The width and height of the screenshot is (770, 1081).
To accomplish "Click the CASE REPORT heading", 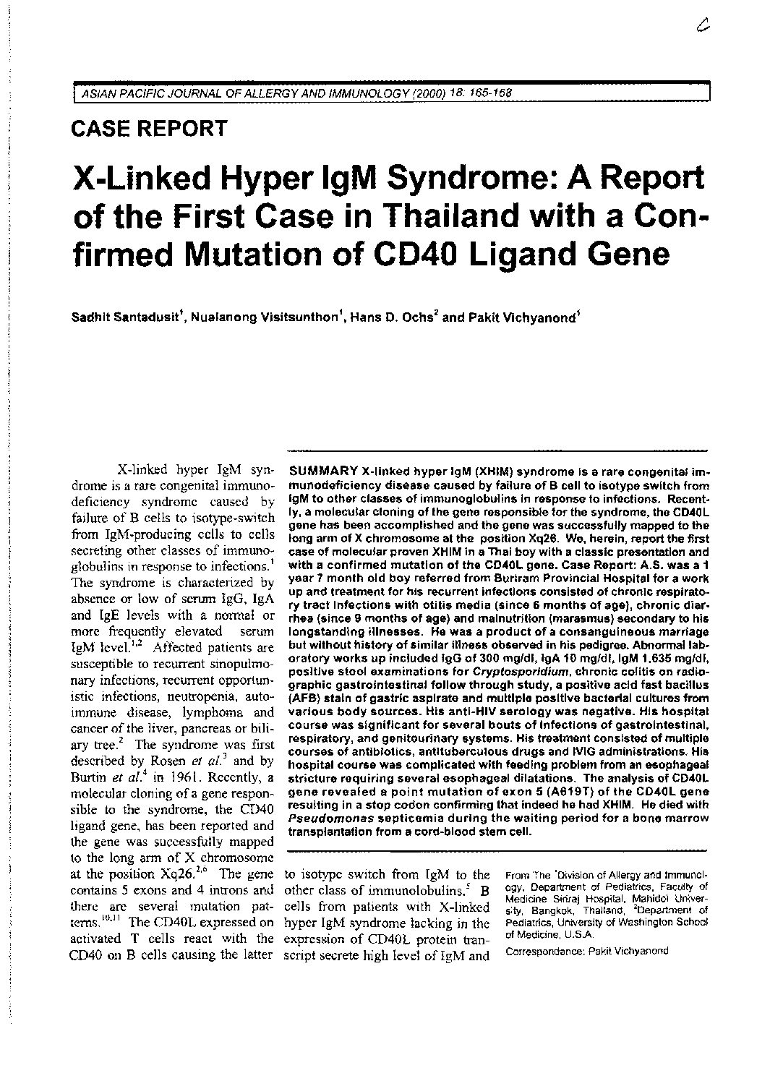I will click(150, 129).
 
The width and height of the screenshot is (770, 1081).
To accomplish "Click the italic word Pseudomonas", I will click(319, 820).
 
